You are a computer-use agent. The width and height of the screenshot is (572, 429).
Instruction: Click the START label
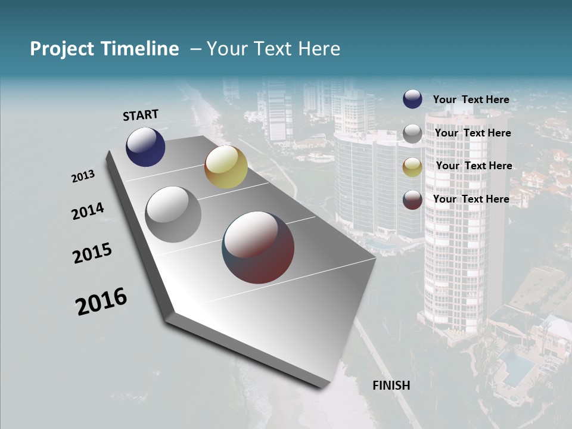pyautogui.click(x=141, y=115)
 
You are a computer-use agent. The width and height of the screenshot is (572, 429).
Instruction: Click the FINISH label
pyautogui.click(x=391, y=386)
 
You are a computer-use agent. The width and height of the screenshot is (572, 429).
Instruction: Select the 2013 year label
pyautogui.click(x=83, y=176)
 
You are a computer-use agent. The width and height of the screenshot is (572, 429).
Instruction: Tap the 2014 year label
pyautogui.click(x=88, y=212)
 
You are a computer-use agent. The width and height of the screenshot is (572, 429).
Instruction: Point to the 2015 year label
pyautogui.click(x=92, y=253)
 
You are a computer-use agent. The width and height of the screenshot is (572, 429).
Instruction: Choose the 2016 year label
pyautogui.click(x=101, y=301)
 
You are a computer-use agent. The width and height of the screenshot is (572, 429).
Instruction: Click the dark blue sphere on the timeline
pyautogui.click(x=145, y=147)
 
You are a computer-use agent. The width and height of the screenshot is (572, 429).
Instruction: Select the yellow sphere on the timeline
pyautogui.click(x=226, y=167)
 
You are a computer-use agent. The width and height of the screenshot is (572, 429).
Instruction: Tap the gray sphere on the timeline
pyautogui.click(x=173, y=214)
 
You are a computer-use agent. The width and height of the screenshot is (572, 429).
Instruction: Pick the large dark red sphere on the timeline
pyautogui.click(x=258, y=247)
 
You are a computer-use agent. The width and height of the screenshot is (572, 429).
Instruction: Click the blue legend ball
pyautogui.click(x=412, y=99)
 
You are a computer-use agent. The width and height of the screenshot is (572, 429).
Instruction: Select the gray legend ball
pyautogui.click(x=412, y=133)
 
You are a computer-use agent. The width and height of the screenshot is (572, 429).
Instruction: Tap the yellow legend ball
pyautogui.click(x=412, y=167)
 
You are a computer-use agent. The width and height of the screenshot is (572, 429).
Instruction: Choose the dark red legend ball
pyautogui.click(x=412, y=200)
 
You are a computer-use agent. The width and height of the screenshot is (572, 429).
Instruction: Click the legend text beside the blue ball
pyautogui.click(x=471, y=100)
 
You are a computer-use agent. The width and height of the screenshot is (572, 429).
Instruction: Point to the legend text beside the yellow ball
pyautogui.click(x=474, y=166)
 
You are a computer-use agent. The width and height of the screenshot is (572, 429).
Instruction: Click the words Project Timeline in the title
pyautogui.click(x=104, y=49)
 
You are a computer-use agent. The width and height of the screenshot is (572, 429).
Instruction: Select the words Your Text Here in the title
pyautogui.click(x=273, y=49)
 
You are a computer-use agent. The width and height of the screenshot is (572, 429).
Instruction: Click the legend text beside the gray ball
pyautogui.click(x=472, y=133)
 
